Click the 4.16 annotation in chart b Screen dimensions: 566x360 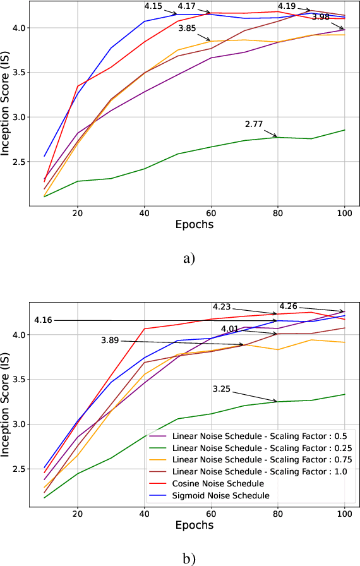pos(44,320)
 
